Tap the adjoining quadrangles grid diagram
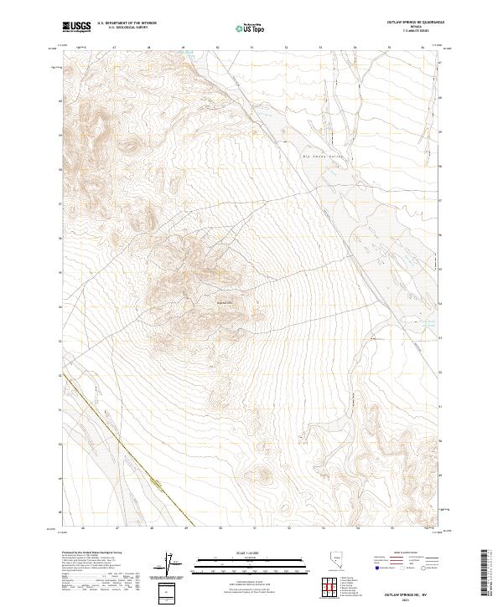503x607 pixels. [329, 585]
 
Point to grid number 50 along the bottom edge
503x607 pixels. [220, 528]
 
